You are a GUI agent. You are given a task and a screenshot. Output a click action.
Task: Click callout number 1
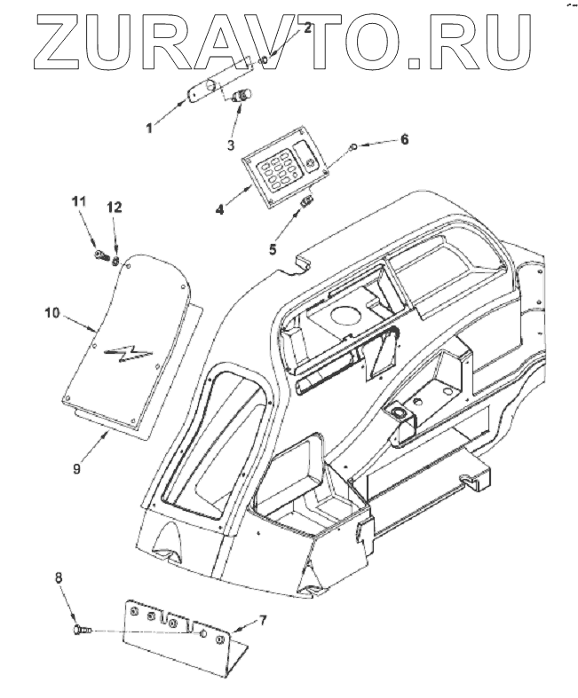pyautogui.click(x=150, y=128)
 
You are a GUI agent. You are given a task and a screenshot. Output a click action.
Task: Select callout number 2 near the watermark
pyautogui.click(x=308, y=27)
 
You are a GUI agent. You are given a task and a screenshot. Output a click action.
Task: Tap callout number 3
pyautogui.click(x=230, y=145)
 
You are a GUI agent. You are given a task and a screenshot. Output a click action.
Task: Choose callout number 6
pyautogui.click(x=405, y=140)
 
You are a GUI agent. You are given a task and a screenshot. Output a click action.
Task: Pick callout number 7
pyautogui.click(x=262, y=618)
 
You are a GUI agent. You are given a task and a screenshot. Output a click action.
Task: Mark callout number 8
pyautogui.click(x=59, y=577)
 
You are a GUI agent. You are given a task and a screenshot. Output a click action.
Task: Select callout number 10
pyautogui.click(x=52, y=312)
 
